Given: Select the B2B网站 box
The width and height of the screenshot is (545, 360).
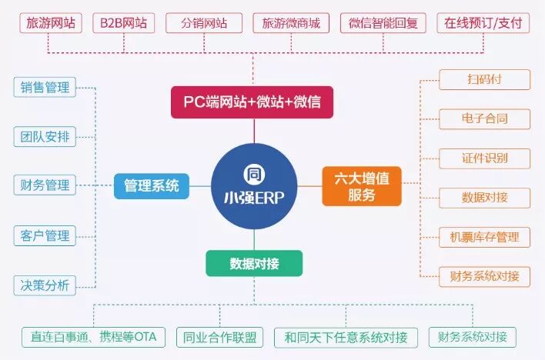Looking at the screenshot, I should click(x=123, y=23).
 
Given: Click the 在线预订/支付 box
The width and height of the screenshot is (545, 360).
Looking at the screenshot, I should click(x=483, y=23).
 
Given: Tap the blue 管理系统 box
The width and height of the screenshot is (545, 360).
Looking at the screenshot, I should click(x=151, y=185).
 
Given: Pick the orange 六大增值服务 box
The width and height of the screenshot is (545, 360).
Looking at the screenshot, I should click(x=361, y=185).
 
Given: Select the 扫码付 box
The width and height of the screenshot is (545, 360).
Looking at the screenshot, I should click(x=484, y=79).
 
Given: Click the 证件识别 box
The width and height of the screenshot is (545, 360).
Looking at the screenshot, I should click(x=484, y=158).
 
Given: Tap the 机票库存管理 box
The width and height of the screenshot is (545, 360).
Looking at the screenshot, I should click(x=484, y=237).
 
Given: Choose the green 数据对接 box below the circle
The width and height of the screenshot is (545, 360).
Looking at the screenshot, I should click(x=254, y=263).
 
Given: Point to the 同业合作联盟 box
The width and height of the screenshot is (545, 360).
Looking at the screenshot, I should click(x=220, y=337).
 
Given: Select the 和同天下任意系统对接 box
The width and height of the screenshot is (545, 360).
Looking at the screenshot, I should click(x=346, y=337).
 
